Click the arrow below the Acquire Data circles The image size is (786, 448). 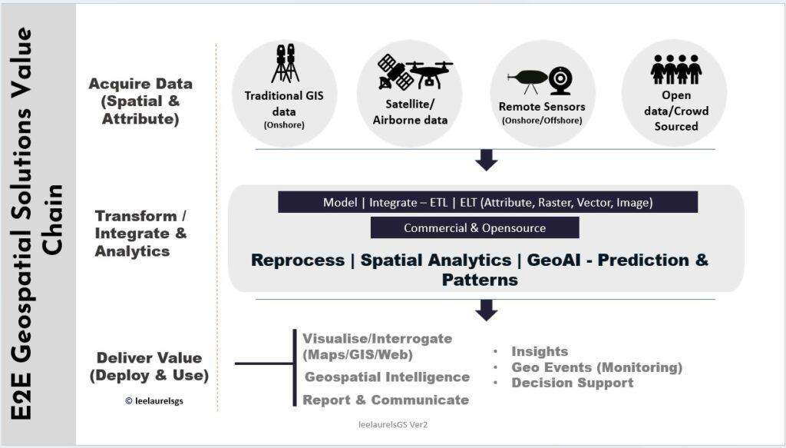486,159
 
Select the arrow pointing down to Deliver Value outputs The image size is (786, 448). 486,309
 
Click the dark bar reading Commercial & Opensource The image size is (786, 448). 474,227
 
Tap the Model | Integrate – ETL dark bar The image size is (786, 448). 487,202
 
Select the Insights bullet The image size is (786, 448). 540,351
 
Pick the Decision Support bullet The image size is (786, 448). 572,382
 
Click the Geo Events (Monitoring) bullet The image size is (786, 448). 596,367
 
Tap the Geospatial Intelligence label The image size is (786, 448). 387,377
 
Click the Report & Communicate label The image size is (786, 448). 385,400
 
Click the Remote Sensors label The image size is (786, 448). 541,107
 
